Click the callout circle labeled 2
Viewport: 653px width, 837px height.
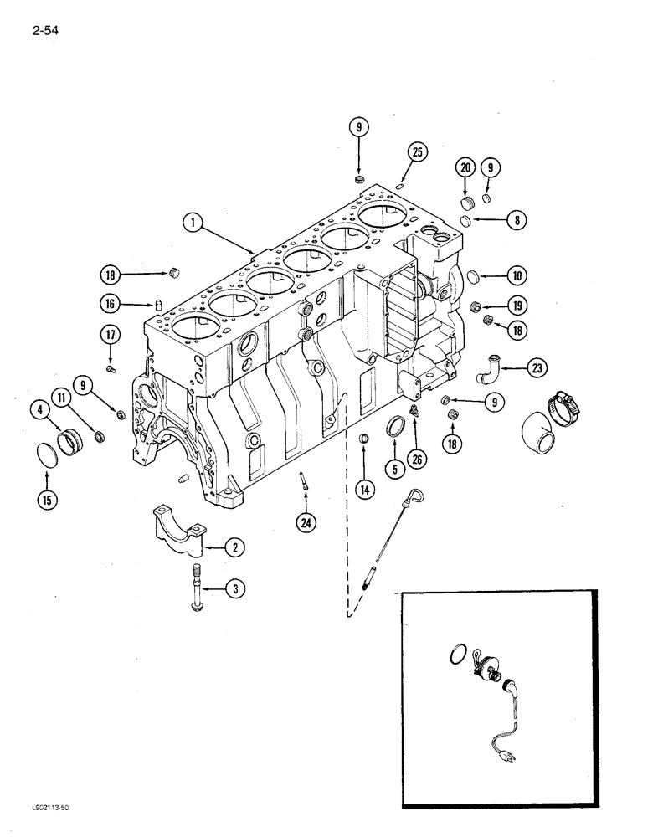point(234,548)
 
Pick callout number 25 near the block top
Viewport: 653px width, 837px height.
point(416,151)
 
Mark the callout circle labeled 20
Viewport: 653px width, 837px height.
point(465,167)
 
